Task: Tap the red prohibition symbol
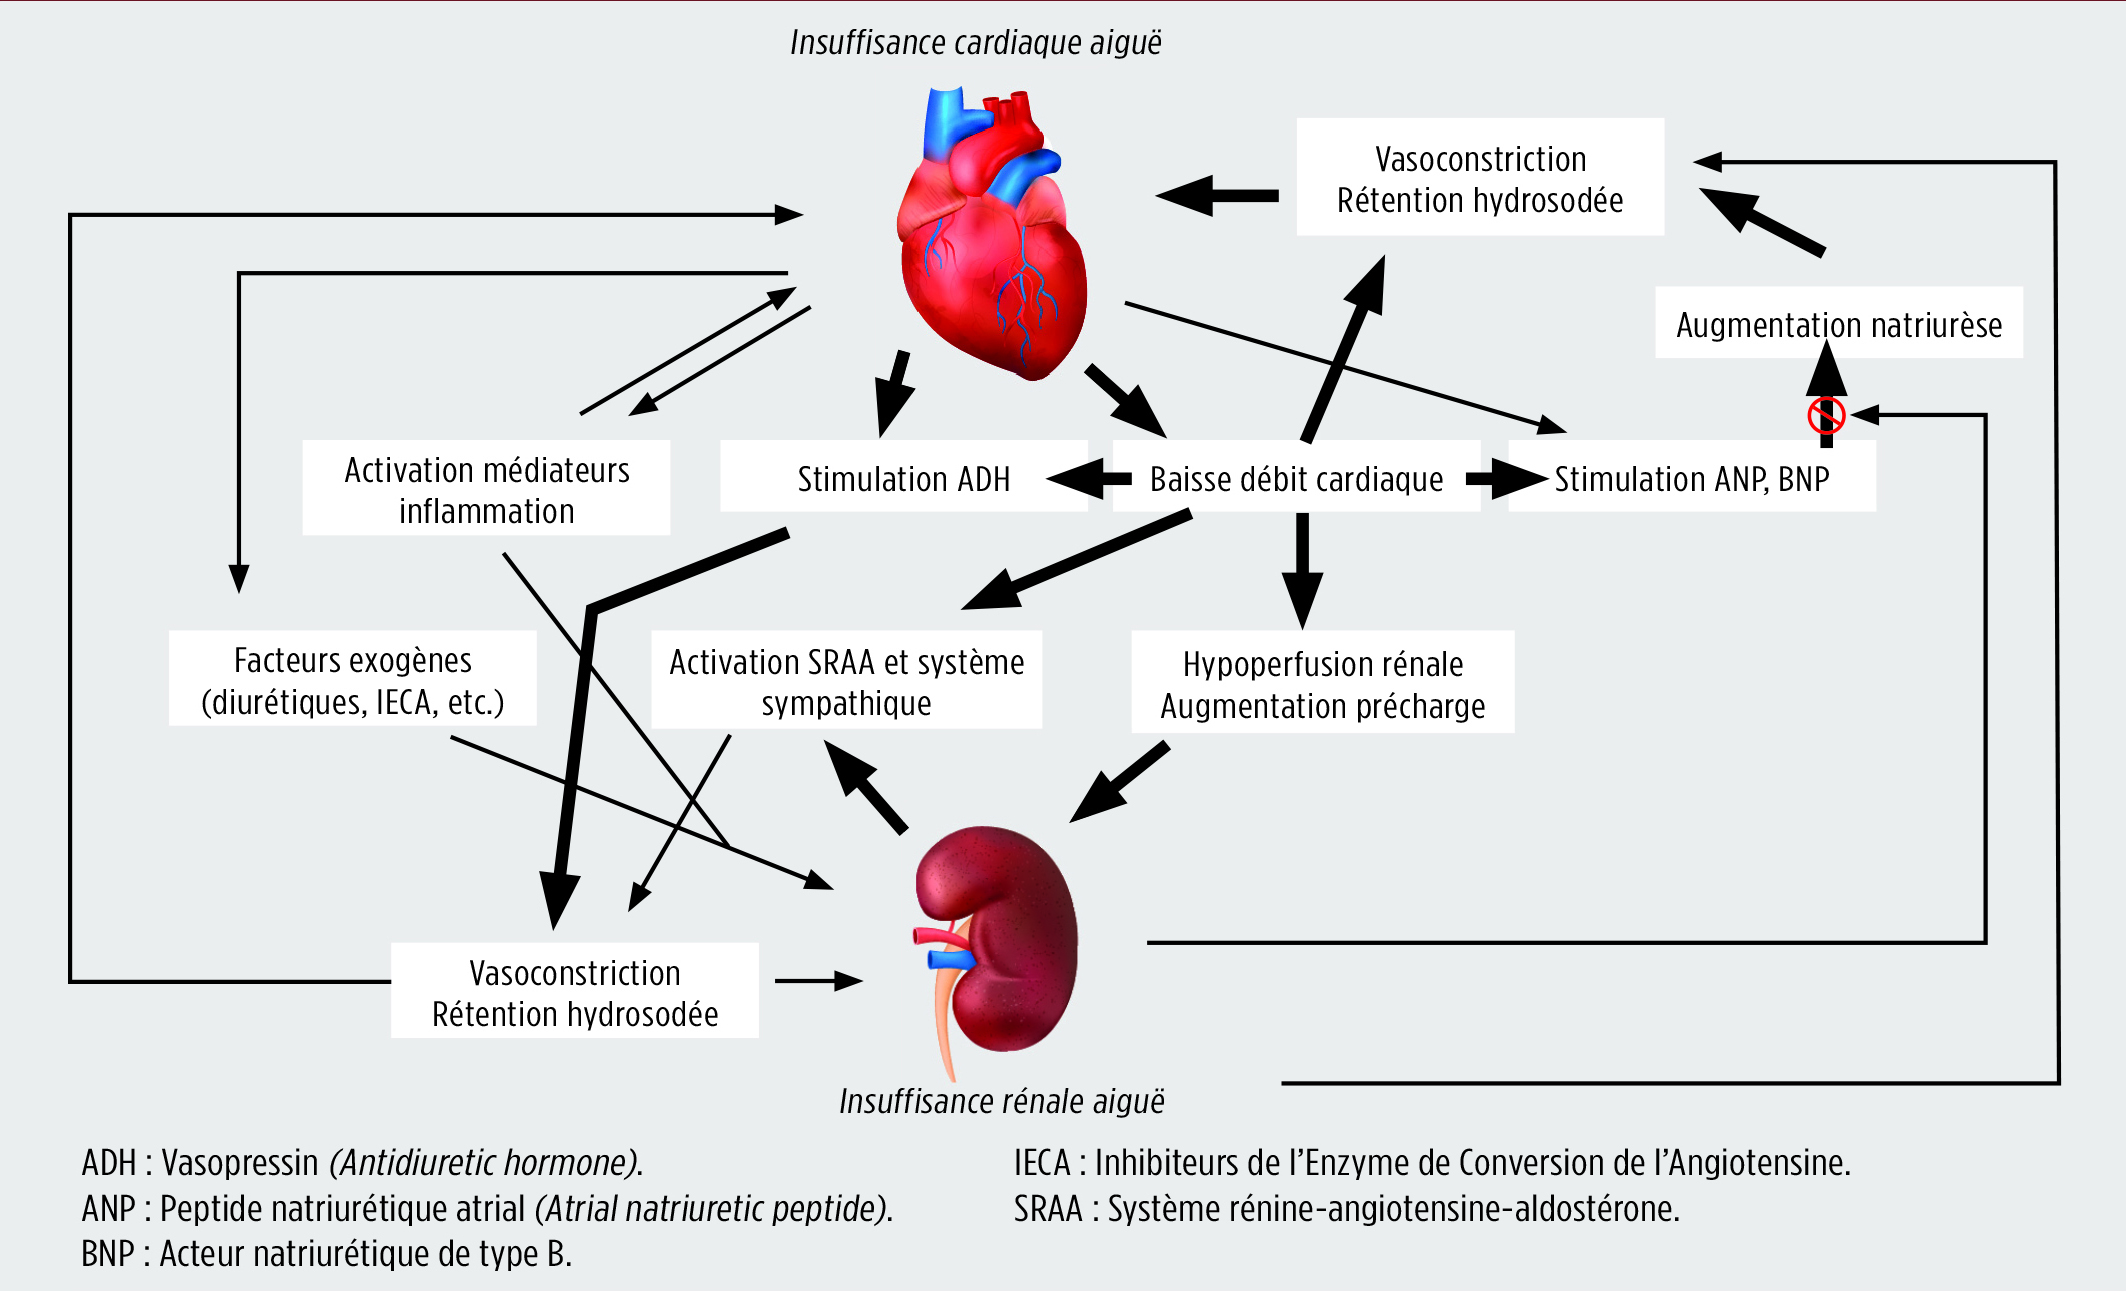(1826, 415)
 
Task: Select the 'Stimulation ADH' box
(903, 477)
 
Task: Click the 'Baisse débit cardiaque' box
(1296, 477)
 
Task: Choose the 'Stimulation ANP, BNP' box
(1692, 477)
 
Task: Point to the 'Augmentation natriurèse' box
(1839, 323)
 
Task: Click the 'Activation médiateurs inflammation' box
(487, 488)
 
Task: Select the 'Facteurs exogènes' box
(353, 678)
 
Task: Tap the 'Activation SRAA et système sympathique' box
(847, 680)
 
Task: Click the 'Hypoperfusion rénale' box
(1323, 682)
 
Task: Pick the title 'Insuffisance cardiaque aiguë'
(976, 42)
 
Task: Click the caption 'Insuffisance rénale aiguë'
(1002, 1101)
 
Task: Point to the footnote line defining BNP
(327, 1253)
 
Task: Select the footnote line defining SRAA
(1347, 1208)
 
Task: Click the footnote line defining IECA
(1432, 1162)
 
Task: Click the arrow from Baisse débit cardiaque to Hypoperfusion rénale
(1302, 571)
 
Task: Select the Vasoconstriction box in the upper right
(1480, 177)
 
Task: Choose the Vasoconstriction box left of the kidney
(575, 991)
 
